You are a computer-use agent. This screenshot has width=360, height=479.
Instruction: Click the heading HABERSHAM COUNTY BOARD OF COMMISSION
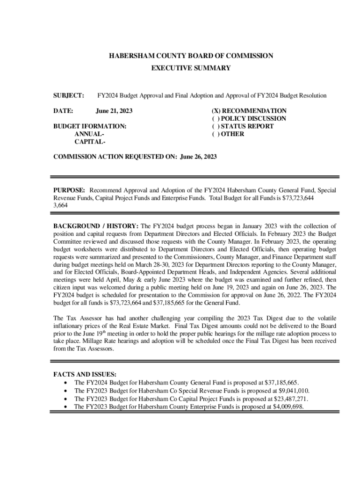[x=191, y=56]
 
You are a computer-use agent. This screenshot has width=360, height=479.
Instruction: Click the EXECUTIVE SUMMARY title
[x=191, y=68]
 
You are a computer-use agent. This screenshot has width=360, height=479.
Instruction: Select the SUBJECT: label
[x=69, y=95]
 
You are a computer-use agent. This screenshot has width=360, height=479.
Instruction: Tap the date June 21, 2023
[x=114, y=111]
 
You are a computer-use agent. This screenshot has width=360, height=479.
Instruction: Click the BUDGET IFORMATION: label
[x=90, y=126]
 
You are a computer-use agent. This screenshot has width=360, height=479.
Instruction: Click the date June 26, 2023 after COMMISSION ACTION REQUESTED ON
[x=198, y=157]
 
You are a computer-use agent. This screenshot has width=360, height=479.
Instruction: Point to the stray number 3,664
[x=61, y=205]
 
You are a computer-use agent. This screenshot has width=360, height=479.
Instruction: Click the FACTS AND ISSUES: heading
[x=85, y=374]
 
